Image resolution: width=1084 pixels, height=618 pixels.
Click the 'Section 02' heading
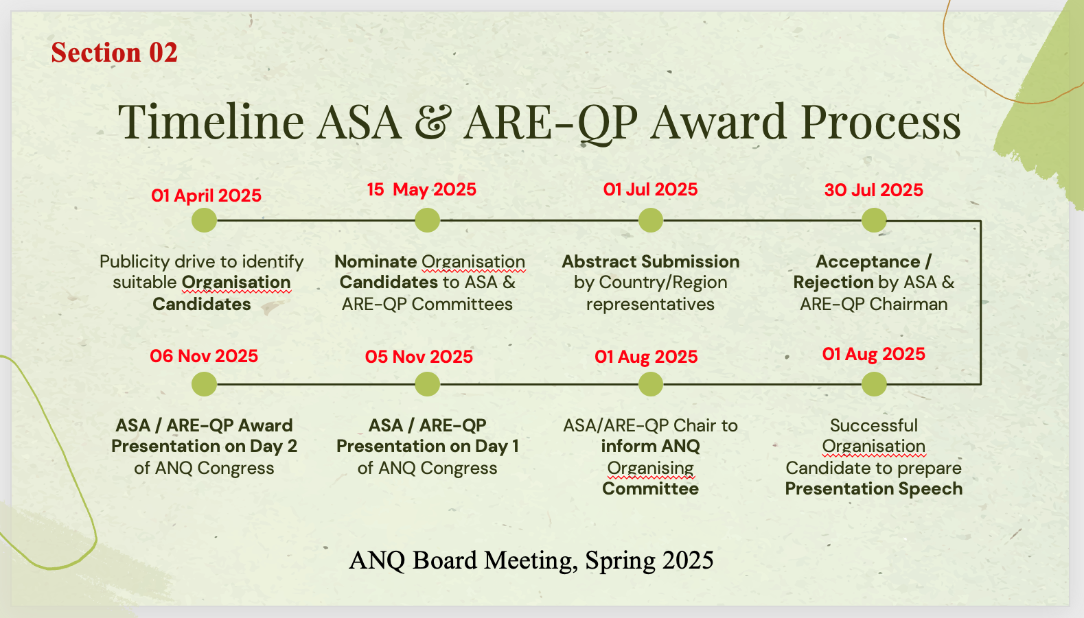click(x=114, y=52)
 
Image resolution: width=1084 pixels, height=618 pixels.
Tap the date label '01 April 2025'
click(x=206, y=195)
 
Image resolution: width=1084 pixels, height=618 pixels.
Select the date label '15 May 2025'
click(x=422, y=189)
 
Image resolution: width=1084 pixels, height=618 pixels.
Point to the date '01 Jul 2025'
click(x=650, y=189)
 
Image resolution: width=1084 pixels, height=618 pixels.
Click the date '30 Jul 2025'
click(x=874, y=190)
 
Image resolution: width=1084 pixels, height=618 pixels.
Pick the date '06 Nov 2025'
click(x=204, y=357)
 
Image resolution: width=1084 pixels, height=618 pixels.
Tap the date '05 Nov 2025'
click(x=419, y=357)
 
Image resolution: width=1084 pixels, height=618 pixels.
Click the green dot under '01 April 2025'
click(x=204, y=220)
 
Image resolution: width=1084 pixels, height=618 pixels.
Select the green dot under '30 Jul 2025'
click(x=874, y=220)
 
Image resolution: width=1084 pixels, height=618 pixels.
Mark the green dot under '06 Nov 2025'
click(x=204, y=384)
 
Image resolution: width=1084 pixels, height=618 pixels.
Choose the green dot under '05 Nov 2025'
click(x=427, y=384)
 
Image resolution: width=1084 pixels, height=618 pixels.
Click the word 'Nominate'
click(x=376, y=261)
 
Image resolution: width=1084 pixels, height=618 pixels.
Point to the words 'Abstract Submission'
click(x=650, y=261)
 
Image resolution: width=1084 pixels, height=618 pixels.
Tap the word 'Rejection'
click(x=833, y=283)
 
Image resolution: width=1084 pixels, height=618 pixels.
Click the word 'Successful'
click(x=874, y=425)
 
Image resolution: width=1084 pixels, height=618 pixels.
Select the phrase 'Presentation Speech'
click(x=874, y=489)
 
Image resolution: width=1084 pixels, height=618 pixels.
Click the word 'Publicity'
click(x=135, y=262)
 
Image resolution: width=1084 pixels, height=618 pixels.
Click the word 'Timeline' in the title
click(x=211, y=121)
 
